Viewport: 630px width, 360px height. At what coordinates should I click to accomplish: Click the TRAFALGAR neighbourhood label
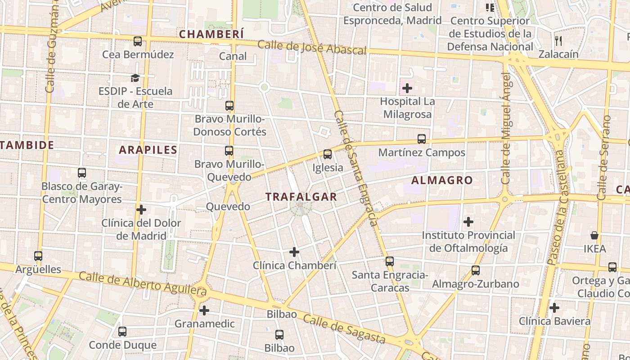pos(301,197)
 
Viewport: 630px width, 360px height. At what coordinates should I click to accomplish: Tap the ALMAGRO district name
pos(442,180)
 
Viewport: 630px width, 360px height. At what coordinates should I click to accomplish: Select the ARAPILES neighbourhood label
pos(148,150)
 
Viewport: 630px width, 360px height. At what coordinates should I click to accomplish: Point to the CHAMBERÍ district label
pos(211,34)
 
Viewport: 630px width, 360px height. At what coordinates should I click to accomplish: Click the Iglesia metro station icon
pos(328,154)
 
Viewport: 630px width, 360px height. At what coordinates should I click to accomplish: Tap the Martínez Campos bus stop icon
pos(422,139)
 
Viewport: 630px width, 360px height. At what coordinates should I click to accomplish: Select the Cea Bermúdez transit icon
pos(138,41)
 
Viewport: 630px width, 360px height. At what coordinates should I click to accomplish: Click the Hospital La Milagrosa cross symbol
pos(407,88)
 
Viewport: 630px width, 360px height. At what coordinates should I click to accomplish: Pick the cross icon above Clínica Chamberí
pos(294,252)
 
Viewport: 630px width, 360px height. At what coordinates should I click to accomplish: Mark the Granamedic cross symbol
pos(204,310)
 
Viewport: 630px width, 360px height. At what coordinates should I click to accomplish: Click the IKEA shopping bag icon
pos(594,235)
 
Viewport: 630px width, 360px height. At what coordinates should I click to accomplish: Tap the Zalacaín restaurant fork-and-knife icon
pos(558,41)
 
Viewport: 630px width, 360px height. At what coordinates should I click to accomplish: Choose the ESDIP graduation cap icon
pos(135,78)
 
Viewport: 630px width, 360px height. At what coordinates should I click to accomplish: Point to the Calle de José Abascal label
pos(312,47)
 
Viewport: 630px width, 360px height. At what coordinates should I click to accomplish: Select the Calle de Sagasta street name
pos(344,328)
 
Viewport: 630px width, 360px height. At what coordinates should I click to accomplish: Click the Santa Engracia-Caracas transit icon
pos(390,261)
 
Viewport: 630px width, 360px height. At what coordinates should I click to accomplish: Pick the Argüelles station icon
pos(38,256)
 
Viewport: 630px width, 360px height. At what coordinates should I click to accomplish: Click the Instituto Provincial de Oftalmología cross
pos(468,222)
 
